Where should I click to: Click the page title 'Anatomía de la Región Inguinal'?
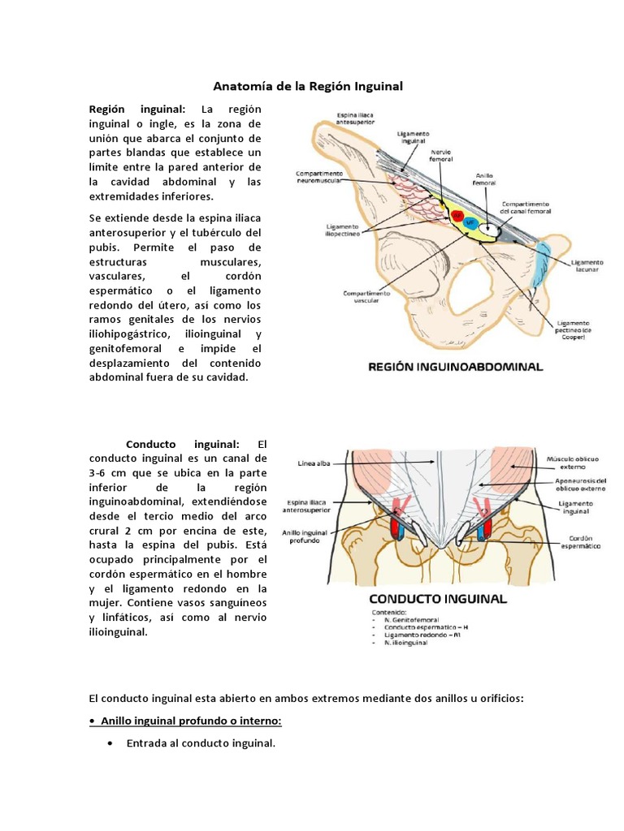click(x=308, y=85)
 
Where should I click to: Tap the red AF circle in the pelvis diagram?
click(x=457, y=216)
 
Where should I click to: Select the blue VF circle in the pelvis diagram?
click(x=471, y=222)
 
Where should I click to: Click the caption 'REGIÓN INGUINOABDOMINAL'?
click(x=455, y=367)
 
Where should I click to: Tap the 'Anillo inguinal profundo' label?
click(x=309, y=537)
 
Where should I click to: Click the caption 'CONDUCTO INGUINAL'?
click(x=438, y=599)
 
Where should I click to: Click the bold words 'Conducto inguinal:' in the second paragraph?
click(x=183, y=443)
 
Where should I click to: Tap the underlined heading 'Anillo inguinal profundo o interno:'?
click(x=191, y=721)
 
